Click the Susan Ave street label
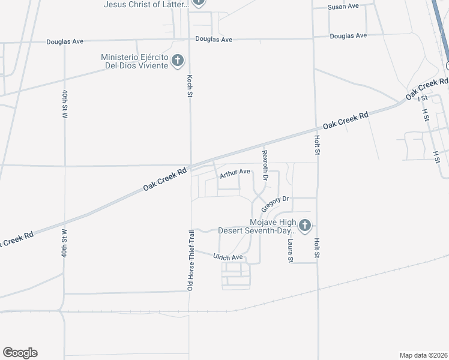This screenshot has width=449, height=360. [343, 6]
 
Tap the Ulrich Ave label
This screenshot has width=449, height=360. [228, 257]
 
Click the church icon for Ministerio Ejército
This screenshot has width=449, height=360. [177, 60]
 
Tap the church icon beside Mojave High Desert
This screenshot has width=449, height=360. [305, 226]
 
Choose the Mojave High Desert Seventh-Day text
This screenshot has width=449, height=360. [258, 226]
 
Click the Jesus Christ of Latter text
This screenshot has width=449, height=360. [146, 4]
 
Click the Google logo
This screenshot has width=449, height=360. [20, 353]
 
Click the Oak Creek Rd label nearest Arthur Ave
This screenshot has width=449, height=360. [165, 179]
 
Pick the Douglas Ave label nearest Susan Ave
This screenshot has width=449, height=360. [348, 36]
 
